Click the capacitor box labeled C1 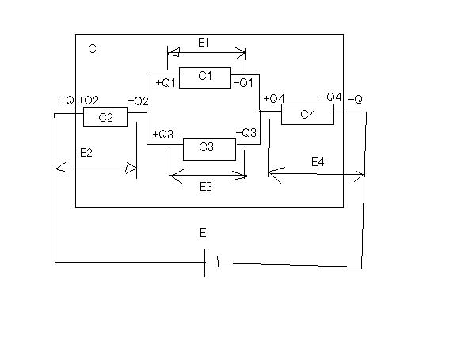pyautogui.click(x=205, y=78)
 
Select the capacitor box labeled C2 pyautogui.click(x=105, y=116)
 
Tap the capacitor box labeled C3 pyautogui.click(x=209, y=150)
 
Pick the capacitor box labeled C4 pyautogui.click(x=308, y=114)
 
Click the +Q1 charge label pyautogui.click(x=166, y=83)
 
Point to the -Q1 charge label pyautogui.click(x=243, y=83)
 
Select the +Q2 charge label pyautogui.click(x=89, y=100)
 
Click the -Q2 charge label pyautogui.click(x=138, y=101)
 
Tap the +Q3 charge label pyautogui.click(x=163, y=135)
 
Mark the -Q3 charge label pyautogui.click(x=246, y=133)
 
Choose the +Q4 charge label pyautogui.click(x=274, y=99)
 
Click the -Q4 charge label pyautogui.click(x=331, y=97)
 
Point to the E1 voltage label pyautogui.click(x=204, y=43)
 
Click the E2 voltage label pyautogui.click(x=86, y=153)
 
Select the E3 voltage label pyautogui.click(x=206, y=187)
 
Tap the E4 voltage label pyautogui.click(x=318, y=162)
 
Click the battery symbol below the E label pyautogui.click(x=211, y=263)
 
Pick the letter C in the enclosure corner pyautogui.click(x=92, y=49)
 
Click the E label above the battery pyautogui.click(x=203, y=232)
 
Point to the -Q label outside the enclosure pyautogui.click(x=356, y=100)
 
